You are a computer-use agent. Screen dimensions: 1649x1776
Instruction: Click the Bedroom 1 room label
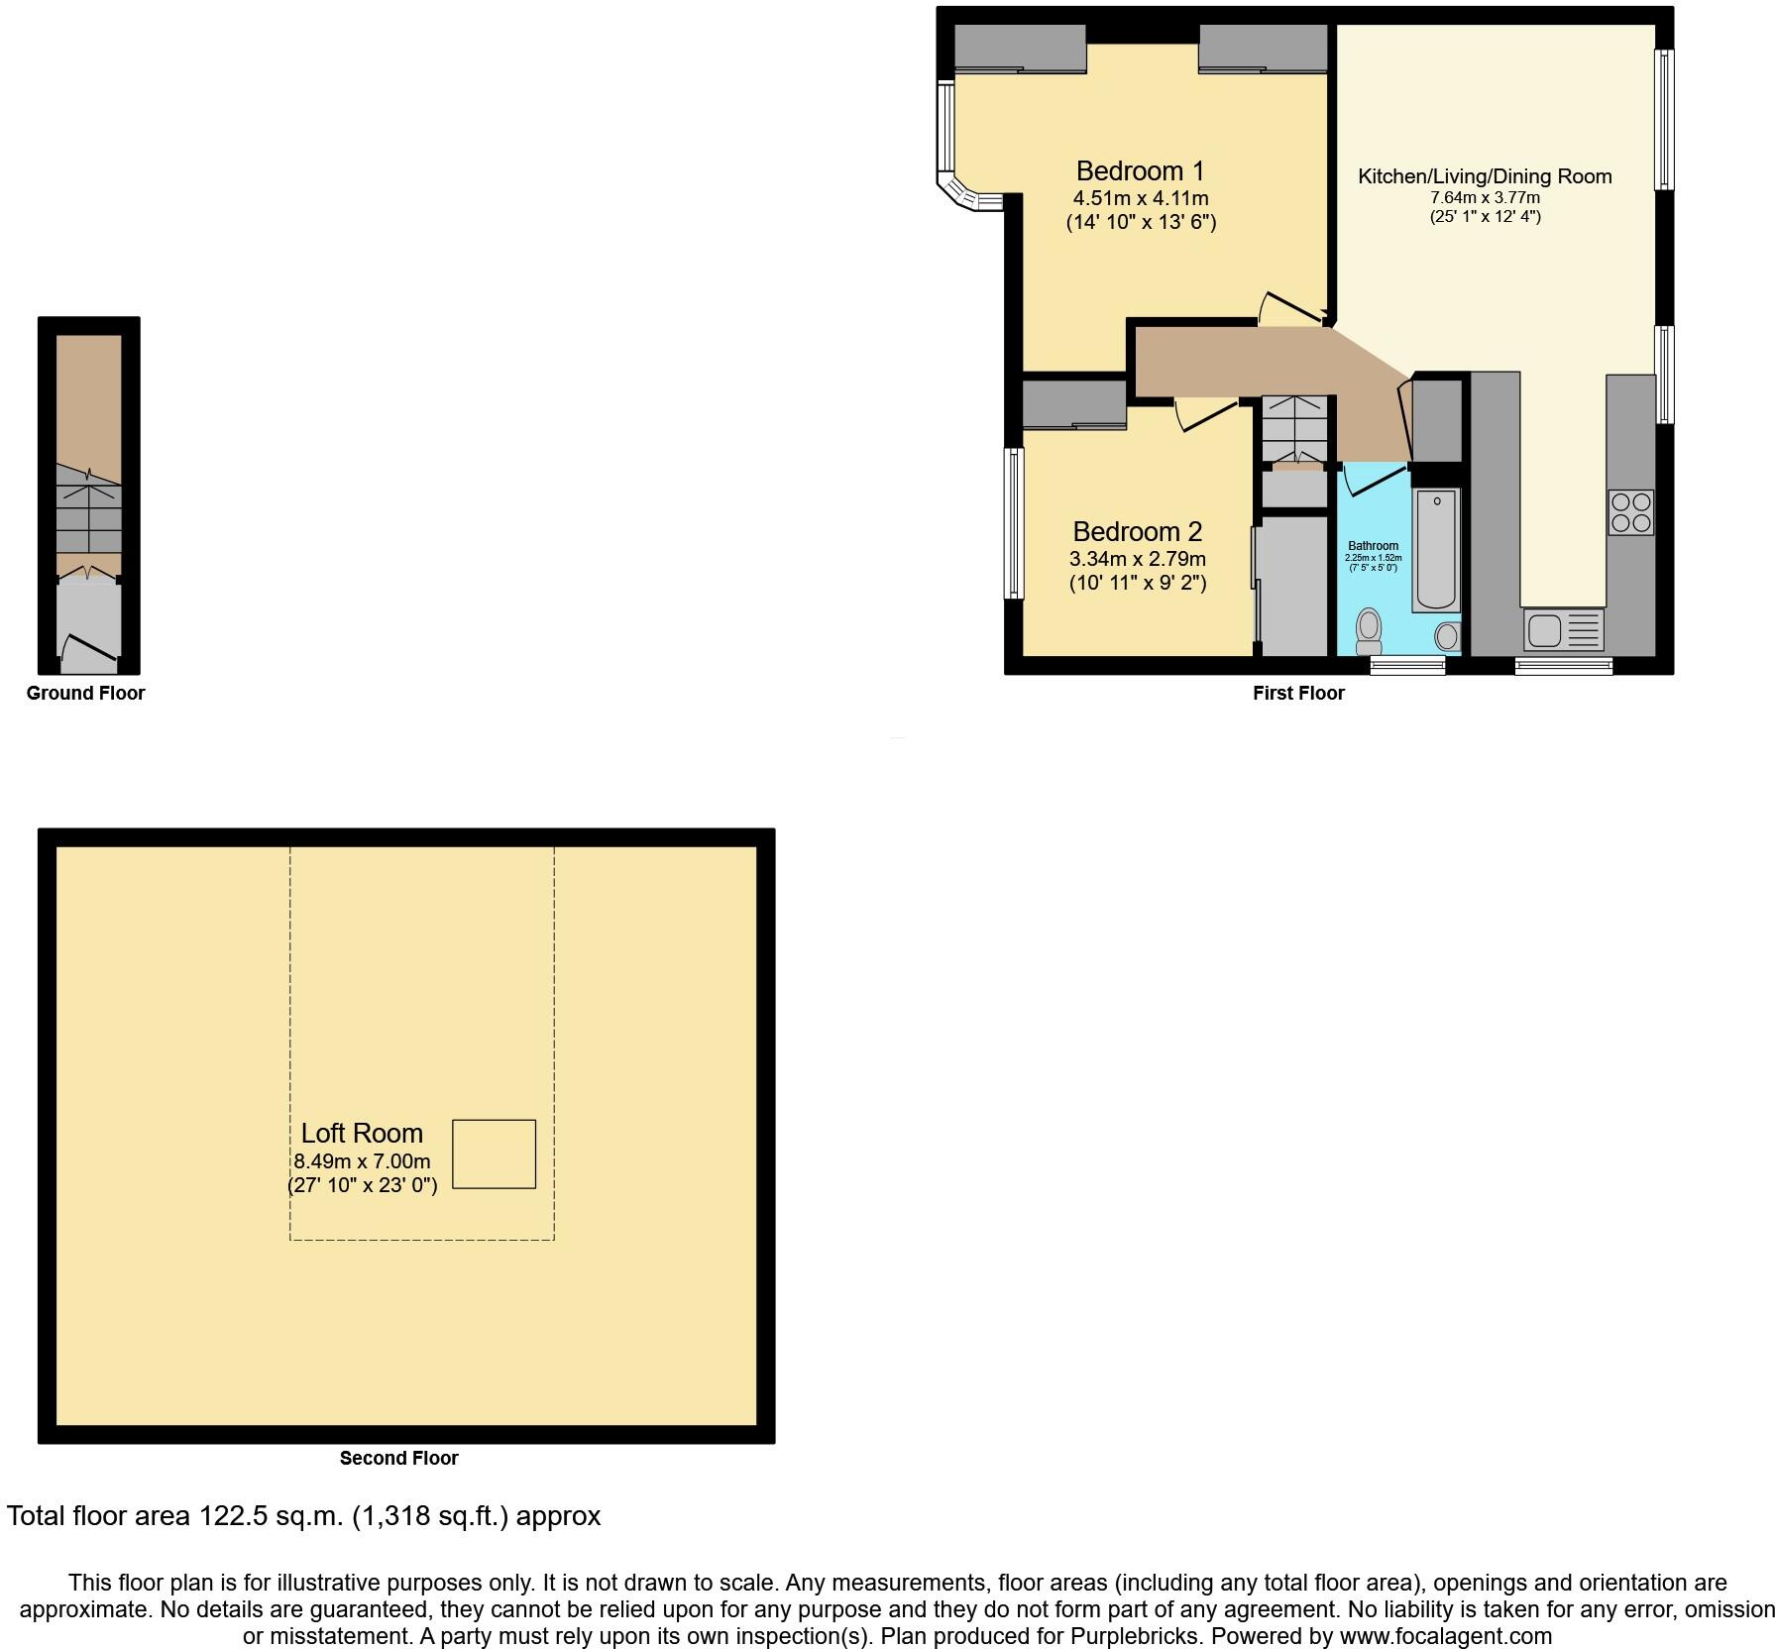[x=1140, y=171]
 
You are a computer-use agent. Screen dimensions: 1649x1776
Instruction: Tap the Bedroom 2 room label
[x=1137, y=532]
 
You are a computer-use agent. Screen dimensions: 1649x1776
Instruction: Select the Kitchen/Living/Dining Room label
[x=1484, y=177]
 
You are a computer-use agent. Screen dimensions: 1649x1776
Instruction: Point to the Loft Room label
[x=362, y=1134]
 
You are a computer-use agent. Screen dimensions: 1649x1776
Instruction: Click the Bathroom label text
[x=1373, y=546]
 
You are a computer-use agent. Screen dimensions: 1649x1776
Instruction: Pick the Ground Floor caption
[x=85, y=694]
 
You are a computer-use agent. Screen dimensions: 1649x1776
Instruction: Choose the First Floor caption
[x=1298, y=694]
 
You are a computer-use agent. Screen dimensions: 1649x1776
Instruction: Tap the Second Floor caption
[x=398, y=1458]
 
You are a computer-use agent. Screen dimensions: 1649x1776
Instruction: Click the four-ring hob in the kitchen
[x=1630, y=512]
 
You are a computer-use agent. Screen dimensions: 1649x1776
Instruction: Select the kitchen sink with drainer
[x=1563, y=629]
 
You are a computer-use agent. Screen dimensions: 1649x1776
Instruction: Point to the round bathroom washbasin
[x=1447, y=635]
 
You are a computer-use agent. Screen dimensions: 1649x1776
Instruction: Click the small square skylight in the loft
[x=494, y=1154]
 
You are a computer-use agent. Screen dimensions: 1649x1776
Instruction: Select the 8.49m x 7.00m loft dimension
[x=362, y=1161]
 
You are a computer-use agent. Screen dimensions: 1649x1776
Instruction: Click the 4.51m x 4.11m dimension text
[x=1141, y=198]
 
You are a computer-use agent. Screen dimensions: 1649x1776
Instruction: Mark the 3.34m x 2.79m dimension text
[x=1137, y=559]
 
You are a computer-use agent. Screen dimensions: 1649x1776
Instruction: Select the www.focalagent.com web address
[x=1446, y=1636]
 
